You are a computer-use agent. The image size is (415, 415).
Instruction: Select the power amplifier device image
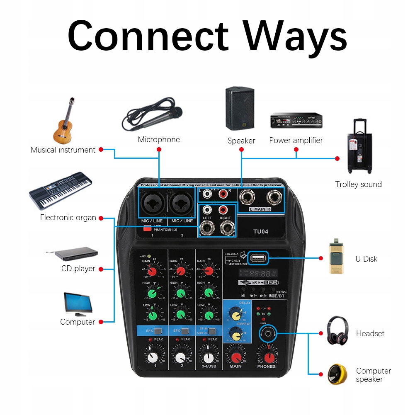pos(296,121)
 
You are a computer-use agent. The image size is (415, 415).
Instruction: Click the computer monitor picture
pos(77,304)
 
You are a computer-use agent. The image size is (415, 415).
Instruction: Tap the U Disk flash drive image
pos(337,256)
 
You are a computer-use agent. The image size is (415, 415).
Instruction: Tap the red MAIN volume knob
pos(235,357)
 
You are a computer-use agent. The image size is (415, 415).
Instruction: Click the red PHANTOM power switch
pos(147,227)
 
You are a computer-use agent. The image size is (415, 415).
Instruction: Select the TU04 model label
pos(261,231)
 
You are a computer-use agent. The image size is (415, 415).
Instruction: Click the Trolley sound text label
pos(359,184)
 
